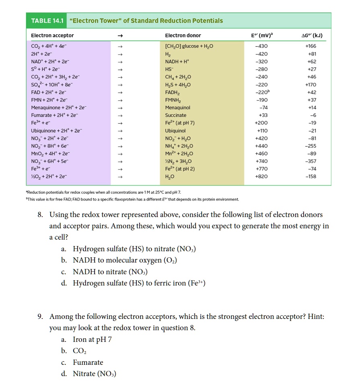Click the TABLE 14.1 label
[47, 21]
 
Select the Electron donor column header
[183, 35]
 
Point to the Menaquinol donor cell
[177, 108]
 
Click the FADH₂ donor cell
[172, 92]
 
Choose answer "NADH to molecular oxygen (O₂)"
[125, 261]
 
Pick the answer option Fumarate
[88, 362]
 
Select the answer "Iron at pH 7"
[92, 339]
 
